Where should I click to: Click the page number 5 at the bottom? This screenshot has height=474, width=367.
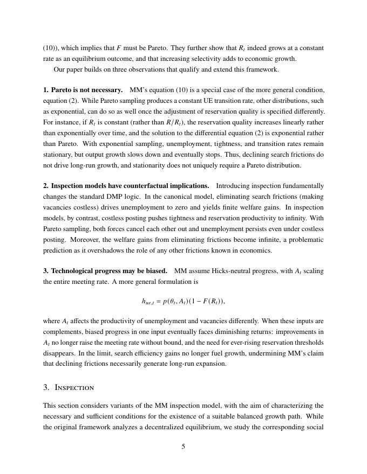pos(183,446)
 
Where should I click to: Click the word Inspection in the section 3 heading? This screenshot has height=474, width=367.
pos(74,387)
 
